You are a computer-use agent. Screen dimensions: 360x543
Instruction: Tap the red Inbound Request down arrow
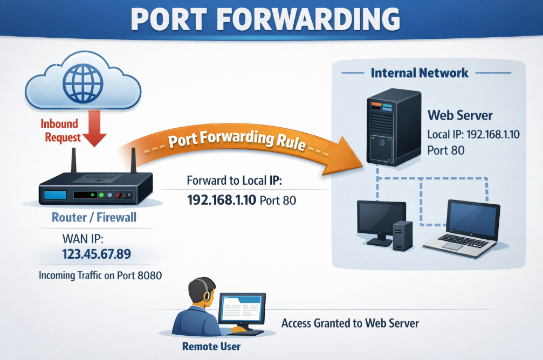[x=97, y=129]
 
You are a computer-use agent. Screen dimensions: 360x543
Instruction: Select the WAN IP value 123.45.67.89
[x=97, y=253]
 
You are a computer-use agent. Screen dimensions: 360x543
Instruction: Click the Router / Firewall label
[x=94, y=218]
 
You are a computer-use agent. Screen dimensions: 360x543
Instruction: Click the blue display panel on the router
[x=54, y=194]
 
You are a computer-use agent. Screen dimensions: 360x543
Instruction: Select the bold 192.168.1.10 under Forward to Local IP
[x=221, y=200]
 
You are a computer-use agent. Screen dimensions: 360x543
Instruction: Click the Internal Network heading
[x=420, y=73]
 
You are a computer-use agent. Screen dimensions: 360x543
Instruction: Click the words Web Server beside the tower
[x=460, y=115]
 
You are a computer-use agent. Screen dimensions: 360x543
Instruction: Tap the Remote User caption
[x=211, y=346]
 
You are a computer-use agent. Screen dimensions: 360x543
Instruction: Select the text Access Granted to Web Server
[x=350, y=323]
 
